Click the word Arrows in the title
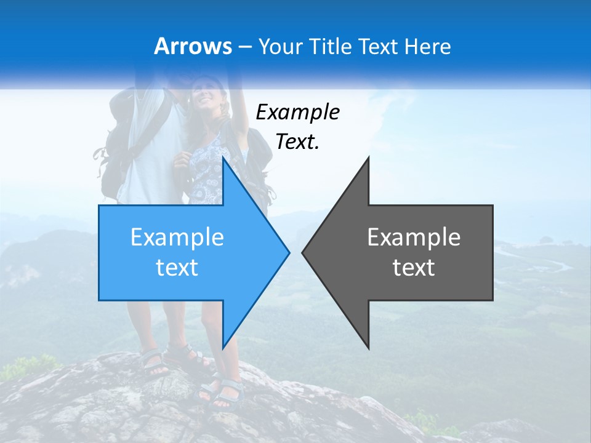click(x=193, y=46)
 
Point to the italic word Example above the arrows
click(x=297, y=112)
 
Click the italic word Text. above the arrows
click(x=297, y=142)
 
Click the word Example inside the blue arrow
click(x=177, y=237)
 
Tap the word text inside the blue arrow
click(x=177, y=268)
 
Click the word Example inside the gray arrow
click(x=414, y=237)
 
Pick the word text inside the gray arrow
click(x=414, y=268)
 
